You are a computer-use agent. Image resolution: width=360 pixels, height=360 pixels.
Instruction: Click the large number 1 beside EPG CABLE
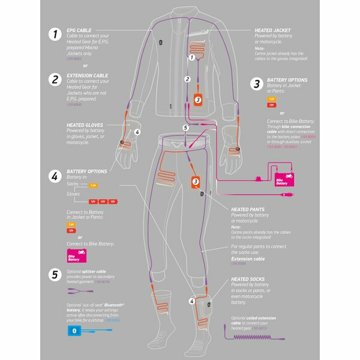(x=55, y=34)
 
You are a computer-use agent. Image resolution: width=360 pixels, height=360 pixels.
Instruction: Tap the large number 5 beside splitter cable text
(x=55, y=275)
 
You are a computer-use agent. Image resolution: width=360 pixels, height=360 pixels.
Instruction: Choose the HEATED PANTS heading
(x=247, y=209)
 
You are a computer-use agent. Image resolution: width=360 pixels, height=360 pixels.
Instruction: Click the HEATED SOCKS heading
(x=247, y=279)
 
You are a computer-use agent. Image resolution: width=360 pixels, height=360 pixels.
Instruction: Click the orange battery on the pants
(x=196, y=181)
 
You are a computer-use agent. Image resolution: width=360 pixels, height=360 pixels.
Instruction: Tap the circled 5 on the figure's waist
(x=185, y=128)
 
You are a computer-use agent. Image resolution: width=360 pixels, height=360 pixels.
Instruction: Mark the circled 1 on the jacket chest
(x=192, y=58)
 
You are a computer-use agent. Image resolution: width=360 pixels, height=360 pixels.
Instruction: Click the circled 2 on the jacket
(x=187, y=79)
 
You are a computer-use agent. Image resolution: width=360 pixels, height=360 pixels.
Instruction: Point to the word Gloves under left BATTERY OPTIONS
(x=74, y=194)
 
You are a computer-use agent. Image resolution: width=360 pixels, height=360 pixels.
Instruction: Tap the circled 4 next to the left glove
(x=137, y=132)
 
